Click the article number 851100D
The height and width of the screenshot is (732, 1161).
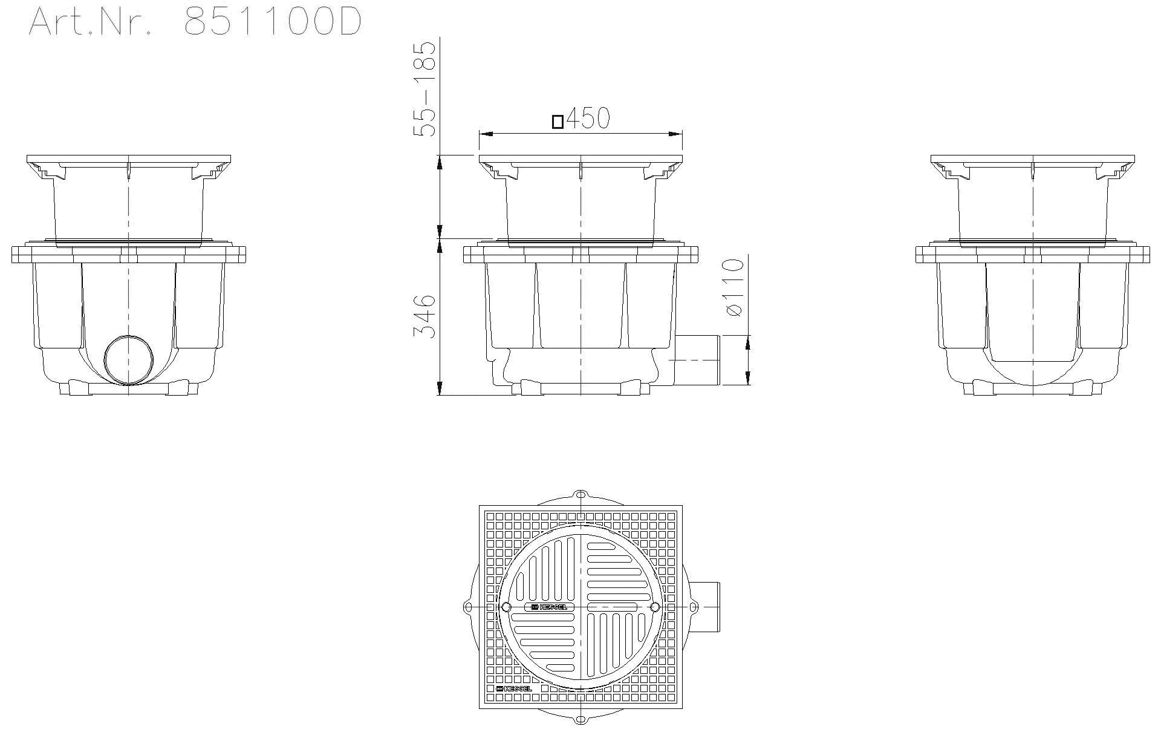click(273, 22)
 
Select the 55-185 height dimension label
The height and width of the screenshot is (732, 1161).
click(424, 89)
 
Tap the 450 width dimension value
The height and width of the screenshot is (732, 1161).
click(588, 119)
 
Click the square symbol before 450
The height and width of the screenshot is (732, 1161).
click(558, 122)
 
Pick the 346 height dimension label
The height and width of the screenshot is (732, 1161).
click(424, 316)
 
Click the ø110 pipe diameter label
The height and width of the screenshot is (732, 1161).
click(733, 287)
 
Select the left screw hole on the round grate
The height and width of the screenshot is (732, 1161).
click(506, 624)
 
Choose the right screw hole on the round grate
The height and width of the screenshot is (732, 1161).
click(654, 624)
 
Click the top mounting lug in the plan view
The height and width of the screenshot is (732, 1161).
click(580, 494)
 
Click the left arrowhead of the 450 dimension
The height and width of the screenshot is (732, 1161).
click(483, 133)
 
